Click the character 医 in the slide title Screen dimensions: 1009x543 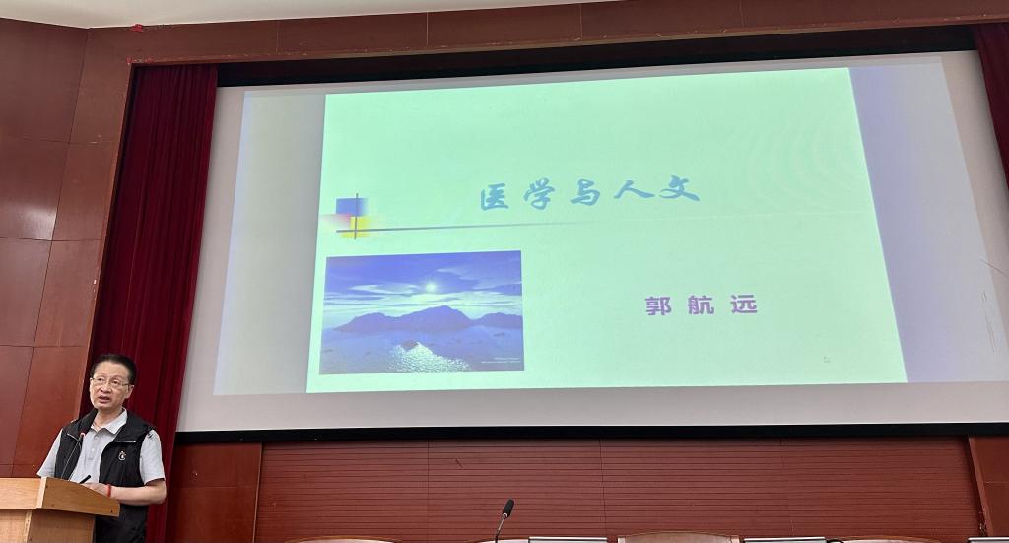495,197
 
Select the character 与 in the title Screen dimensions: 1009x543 584,193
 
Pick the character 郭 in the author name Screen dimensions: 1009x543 658,305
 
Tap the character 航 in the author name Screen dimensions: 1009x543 701,304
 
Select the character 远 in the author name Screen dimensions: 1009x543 744,303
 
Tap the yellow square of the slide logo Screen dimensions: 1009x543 356,227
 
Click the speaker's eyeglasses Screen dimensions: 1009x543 110,382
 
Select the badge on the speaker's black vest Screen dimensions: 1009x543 122,456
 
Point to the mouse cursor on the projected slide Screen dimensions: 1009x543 827,360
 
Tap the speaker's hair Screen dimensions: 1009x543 115,366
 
